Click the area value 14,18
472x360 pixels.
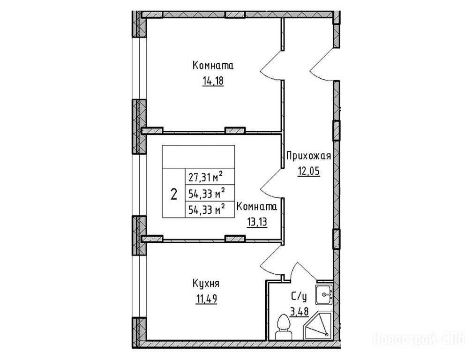click(x=213, y=81)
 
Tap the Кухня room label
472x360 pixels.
click(x=206, y=284)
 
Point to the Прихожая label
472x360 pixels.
click(x=308, y=156)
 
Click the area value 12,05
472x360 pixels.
click(x=308, y=172)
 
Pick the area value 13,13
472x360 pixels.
click(x=257, y=223)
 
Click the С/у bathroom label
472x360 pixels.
click(x=299, y=297)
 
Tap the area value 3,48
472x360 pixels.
click(x=299, y=312)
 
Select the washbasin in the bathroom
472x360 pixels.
click(x=324, y=294)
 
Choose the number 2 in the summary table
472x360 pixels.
click(x=174, y=194)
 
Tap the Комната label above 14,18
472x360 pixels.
click(x=213, y=66)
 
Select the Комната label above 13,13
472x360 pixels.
click(x=257, y=207)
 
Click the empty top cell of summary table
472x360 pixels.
click(x=199, y=157)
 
